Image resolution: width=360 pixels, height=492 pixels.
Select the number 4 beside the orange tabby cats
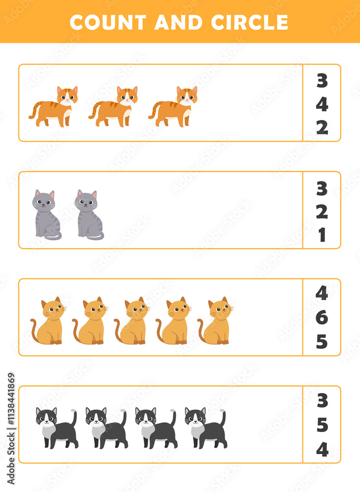[x=322, y=104]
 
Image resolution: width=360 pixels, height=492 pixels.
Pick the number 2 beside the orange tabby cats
[x=322, y=127]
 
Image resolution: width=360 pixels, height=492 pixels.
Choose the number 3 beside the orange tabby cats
[x=322, y=81]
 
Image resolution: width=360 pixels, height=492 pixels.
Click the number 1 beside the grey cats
[x=322, y=235]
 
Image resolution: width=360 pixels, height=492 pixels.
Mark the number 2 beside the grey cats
[x=322, y=212]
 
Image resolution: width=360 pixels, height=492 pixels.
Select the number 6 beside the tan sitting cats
[x=322, y=318]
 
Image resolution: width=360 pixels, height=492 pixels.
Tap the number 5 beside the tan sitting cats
[x=322, y=341]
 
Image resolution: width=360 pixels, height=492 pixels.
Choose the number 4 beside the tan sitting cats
[x=322, y=294]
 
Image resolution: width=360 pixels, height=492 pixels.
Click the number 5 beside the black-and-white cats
[x=322, y=425]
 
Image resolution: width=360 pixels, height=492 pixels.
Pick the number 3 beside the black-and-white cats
[x=322, y=401]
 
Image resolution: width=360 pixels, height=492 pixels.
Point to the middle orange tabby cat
[x=114, y=107]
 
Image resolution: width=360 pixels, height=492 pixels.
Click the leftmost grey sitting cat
[x=46, y=215]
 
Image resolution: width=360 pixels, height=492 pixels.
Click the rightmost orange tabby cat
[x=174, y=107]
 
